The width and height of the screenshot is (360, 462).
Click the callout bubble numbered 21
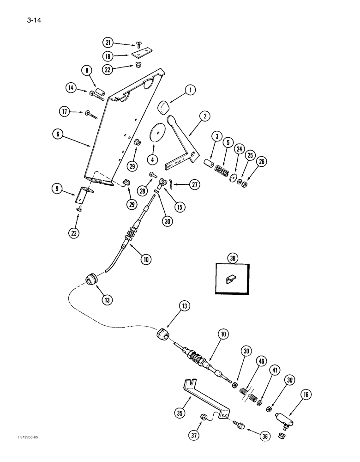(108, 43)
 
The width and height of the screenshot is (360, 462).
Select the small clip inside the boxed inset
(230, 279)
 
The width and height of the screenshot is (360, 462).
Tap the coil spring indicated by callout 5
(222, 175)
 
